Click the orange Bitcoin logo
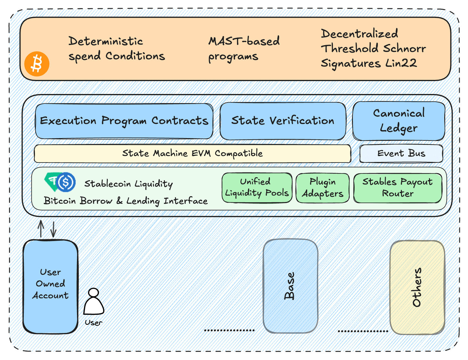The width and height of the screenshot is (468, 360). click(37, 64)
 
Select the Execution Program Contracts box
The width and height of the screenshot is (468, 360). click(124, 121)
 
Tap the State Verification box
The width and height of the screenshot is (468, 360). click(283, 121)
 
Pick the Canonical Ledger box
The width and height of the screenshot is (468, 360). click(398, 121)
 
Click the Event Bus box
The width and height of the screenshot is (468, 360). click(401, 154)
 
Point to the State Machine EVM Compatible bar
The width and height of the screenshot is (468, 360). click(192, 154)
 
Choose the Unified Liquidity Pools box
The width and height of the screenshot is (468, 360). click(257, 188)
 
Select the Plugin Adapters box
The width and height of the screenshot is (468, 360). click(322, 188)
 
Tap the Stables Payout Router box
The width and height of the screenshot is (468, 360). click(397, 188)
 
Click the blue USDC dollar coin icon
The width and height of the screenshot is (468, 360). click(66, 182)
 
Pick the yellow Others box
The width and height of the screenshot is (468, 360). click(417, 287)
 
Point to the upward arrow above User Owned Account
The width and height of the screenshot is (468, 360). click(41, 229)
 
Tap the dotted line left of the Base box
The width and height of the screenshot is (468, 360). click(229, 330)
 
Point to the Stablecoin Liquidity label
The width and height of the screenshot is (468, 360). click(128, 184)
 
